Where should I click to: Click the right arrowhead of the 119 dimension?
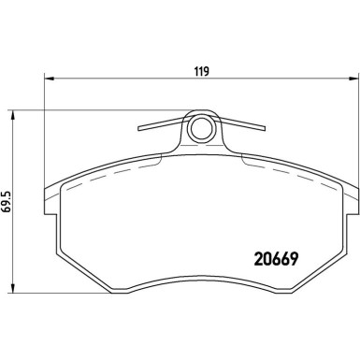[x=353, y=80]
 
